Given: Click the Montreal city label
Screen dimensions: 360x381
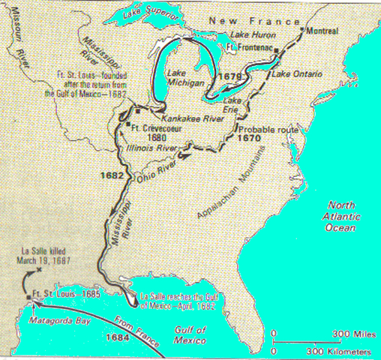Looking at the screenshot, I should [323, 31].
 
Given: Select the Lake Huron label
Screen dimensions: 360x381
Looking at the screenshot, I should [251, 36].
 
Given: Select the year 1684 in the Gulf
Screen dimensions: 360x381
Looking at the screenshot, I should [76, 337].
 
